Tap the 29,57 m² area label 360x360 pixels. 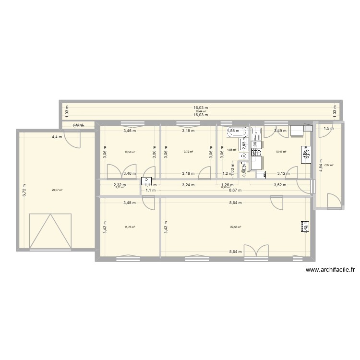pyautogui.click(x=57, y=190)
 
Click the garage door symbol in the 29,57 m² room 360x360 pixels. pyautogui.click(x=50, y=231)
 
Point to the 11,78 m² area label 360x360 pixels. pyautogui.click(x=130, y=228)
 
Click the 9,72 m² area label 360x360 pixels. pyautogui.click(x=188, y=152)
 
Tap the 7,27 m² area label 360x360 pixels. pyautogui.click(x=329, y=166)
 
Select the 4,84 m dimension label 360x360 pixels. pyautogui.click(x=321, y=166)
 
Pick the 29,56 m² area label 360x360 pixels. pyautogui.click(x=235, y=228)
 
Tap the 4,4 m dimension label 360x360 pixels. pyautogui.click(x=57, y=137)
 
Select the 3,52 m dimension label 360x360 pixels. pyautogui.click(x=280, y=184)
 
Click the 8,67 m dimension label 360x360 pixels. pyautogui.click(x=235, y=190)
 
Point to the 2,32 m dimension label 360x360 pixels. pyautogui.click(x=120, y=184)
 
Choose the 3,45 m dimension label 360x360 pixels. pyautogui.click(x=130, y=203)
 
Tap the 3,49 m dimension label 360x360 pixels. pyautogui.click(x=280, y=131)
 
